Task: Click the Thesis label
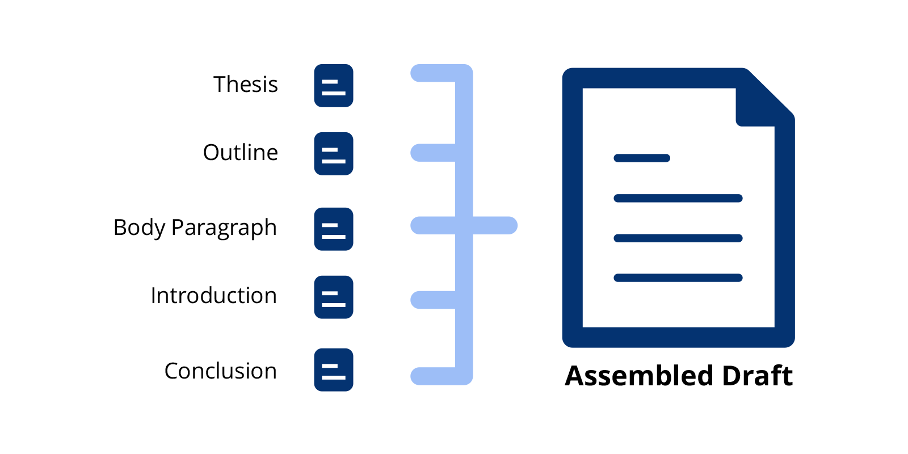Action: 246,85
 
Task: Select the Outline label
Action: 241,153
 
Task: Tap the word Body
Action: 139,228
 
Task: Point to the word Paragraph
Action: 224,228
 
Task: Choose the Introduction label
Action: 213,295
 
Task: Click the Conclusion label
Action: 221,371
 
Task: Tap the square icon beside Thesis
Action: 334,86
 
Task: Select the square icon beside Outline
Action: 334,154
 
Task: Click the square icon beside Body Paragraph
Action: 334,229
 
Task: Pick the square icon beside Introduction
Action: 334,297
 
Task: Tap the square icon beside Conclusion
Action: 334,369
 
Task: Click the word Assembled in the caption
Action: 639,375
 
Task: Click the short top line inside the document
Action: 642,158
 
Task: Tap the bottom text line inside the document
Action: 678,278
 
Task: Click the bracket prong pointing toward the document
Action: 495,225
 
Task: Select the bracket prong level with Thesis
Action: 433,73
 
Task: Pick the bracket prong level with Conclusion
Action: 433,376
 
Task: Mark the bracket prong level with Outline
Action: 433,153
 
